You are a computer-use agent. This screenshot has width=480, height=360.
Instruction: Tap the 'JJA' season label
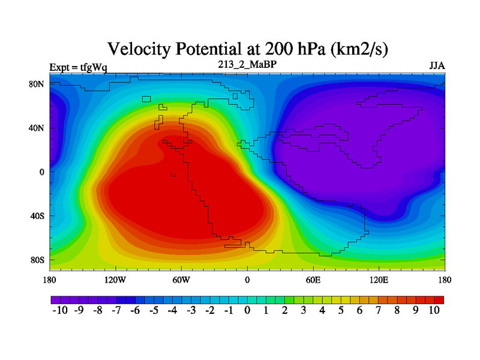(x=437, y=65)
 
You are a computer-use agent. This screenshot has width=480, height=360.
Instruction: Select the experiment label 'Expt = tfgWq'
(x=78, y=67)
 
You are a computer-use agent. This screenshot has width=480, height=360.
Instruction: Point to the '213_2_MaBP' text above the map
(x=247, y=62)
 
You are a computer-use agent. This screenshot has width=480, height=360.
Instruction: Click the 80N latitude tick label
(x=37, y=84)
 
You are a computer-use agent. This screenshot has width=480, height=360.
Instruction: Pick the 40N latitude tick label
(x=37, y=128)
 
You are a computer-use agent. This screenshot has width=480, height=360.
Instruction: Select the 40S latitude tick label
(x=37, y=216)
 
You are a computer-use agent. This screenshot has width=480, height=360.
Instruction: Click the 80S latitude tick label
(x=37, y=260)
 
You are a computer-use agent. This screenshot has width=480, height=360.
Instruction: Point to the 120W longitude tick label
(x=115, y=280)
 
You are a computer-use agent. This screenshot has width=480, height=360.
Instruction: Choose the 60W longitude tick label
(x=181, y=280)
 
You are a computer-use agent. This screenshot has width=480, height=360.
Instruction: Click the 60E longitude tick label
(x=313, y=280)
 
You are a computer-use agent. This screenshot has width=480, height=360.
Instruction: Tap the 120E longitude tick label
(x=379, y=280)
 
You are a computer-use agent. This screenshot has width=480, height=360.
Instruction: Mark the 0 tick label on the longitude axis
(x=247, y=280)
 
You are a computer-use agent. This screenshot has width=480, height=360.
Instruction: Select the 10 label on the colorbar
(x=435, y=310)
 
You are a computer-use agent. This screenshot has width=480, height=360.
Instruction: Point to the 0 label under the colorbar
(x=247, y=310)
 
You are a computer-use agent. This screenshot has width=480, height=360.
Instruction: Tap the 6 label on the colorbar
(x=360, y=310)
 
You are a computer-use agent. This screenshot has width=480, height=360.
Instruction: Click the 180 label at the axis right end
(x=445, y=280)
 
